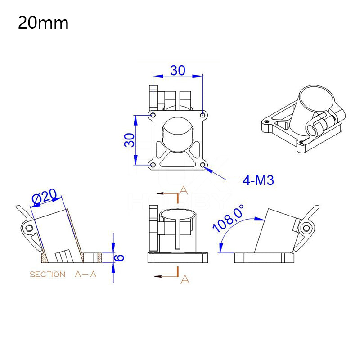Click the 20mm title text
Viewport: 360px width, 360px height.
(43, 23)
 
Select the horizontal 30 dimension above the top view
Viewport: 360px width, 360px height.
(178, 70)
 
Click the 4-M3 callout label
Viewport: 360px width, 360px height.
(258, 180)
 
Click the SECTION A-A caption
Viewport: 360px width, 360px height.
(63, 274)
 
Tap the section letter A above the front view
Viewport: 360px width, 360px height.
(183, 190)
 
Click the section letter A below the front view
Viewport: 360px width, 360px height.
(184, 279)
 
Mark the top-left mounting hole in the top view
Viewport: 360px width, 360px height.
(153, 116)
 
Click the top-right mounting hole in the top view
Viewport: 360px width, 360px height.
(203, 116)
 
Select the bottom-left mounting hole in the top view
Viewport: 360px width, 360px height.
(153, 166)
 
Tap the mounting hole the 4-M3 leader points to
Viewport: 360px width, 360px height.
(203, 166)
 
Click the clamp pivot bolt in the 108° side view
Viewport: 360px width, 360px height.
(306, 228)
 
